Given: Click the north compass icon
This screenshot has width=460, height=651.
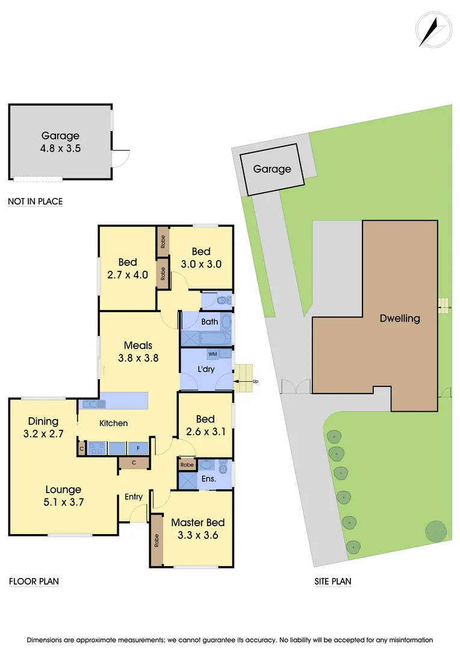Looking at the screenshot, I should click(433, 29).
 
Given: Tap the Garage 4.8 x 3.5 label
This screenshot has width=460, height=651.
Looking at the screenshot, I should click(60, 142).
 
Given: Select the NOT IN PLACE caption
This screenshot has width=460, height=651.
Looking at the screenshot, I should click(35, 201).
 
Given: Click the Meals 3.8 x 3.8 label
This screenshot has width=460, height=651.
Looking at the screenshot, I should click(138, 351).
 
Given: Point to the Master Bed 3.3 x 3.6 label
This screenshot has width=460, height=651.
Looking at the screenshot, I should click(194, 528).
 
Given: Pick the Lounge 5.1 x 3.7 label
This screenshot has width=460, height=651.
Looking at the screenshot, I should click(63, 495).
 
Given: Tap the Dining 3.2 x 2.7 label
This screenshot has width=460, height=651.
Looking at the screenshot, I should click(43, 427).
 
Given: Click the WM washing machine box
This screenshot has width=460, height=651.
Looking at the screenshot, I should click(212, 354).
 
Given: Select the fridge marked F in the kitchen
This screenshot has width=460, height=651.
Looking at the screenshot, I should click(138, 448).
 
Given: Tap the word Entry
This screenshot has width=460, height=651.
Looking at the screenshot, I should click(134, 497).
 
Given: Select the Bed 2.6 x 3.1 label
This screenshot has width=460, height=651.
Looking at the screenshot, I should click(205, 425).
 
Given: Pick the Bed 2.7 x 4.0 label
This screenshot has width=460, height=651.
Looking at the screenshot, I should click(128, 268).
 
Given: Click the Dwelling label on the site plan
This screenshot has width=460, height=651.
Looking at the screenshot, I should click(400, 318).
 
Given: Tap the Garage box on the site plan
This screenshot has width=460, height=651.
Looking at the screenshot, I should click(272, 169).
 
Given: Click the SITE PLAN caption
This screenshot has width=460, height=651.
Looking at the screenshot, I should click(333, 582).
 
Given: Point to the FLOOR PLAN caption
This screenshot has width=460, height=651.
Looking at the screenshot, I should click(34, 582).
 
